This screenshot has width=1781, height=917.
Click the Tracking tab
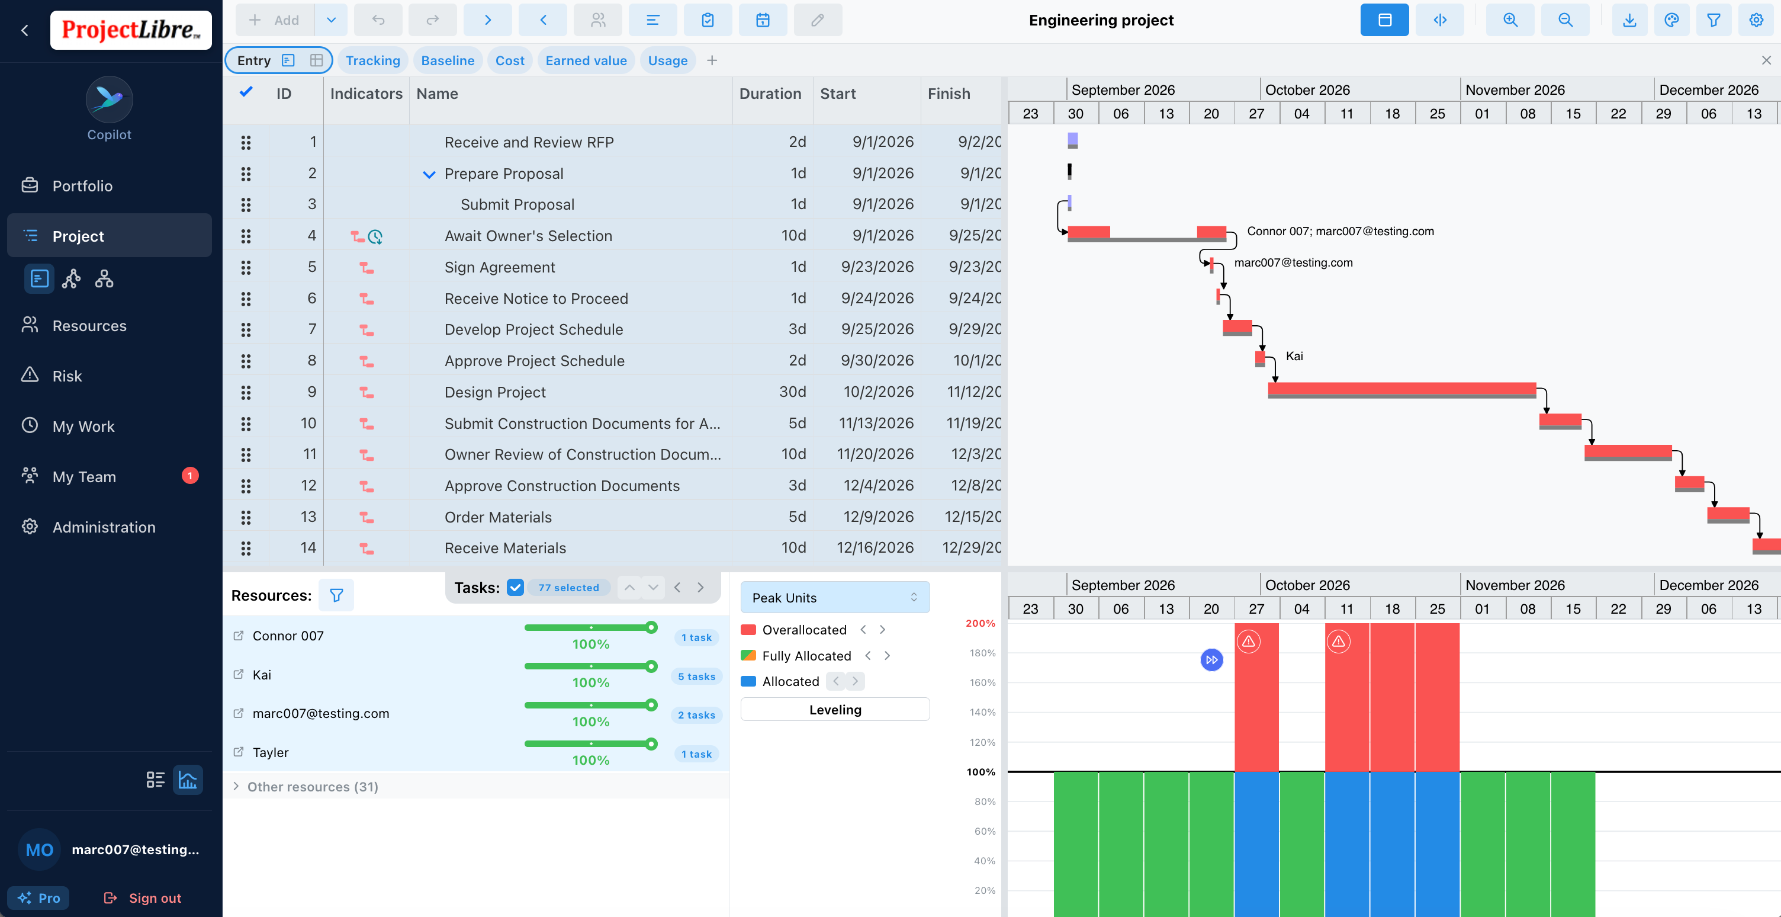pyautogui.click(x=372, y=60)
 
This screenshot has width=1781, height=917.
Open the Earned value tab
pyautogui.click(x=586, y=60)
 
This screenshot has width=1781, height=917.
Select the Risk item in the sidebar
pyautogui.click(x=67, y=376)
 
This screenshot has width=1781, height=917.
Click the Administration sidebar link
pyautogui.click(x=104, y=527)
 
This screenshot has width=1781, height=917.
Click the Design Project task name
pyautogui.click(x=495, y=392)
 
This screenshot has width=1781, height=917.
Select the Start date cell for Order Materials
pyautogui.click(x=878, y=517)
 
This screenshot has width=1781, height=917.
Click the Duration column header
pyautogui.click(x=770, y=94)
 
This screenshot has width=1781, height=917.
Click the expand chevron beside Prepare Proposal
pyautogui.click(x=429, y=174)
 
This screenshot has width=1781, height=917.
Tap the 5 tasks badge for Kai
pyautogui.click(x=696, y=676)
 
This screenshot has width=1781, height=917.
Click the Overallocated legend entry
pyautogui.click(x=804, y=629)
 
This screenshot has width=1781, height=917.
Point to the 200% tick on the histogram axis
pyautogui.click(x=980, y=623)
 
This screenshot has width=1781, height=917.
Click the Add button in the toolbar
pyautogui.click(x=275, y=20)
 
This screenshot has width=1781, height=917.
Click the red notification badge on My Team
pyautogui.click(x=190, y=476)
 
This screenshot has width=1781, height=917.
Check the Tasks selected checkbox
pyautogui.click(x=515, y=587)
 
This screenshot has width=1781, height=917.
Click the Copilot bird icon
pyautogui.click(x=109, y=99)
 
